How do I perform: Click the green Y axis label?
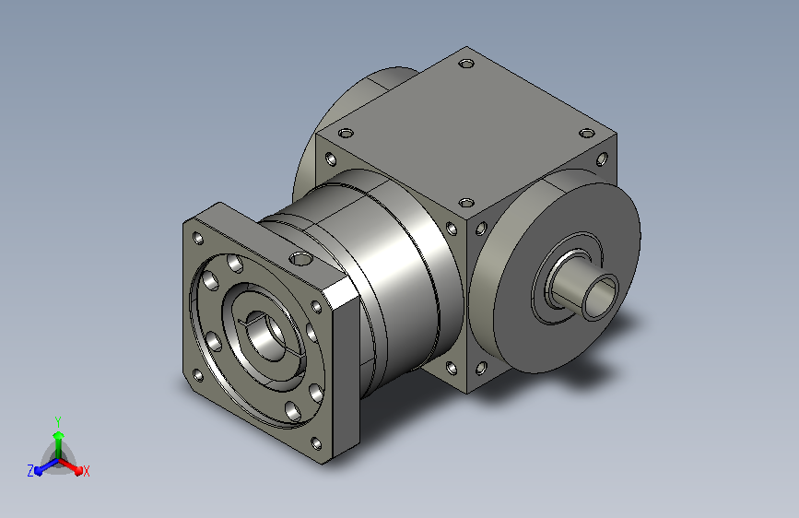coord(58,421)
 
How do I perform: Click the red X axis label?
coord(86,471)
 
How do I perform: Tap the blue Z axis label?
coord(30,471)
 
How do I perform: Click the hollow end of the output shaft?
coord(601,297)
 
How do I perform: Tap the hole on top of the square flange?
coord(300,259)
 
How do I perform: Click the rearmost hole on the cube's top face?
coord(466,64)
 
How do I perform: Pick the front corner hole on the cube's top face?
coord(466,203)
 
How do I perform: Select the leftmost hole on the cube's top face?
coord(346,134)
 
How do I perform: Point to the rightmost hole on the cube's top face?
coord(587,134)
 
